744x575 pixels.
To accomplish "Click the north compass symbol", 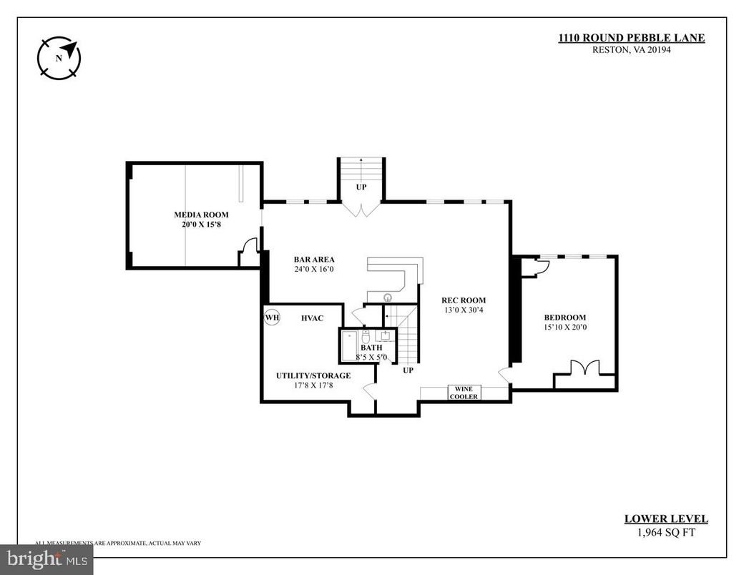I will coord(59,57).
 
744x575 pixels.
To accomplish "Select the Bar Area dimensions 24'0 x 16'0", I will coord(314,270).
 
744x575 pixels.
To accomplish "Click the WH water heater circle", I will coord(273,317).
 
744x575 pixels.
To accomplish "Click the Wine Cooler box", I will coord(464,393).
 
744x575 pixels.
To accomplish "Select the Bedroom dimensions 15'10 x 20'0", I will coord(564,328).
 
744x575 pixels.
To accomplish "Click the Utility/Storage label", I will coord(313,375).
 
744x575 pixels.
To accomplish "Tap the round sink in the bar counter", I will coord(388,296).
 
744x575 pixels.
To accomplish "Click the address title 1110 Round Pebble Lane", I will coord(631,39).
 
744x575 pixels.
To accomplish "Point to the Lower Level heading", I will coord(666,519).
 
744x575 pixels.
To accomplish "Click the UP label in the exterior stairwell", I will coord(361,186).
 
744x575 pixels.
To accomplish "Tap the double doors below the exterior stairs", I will coord(361,209).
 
